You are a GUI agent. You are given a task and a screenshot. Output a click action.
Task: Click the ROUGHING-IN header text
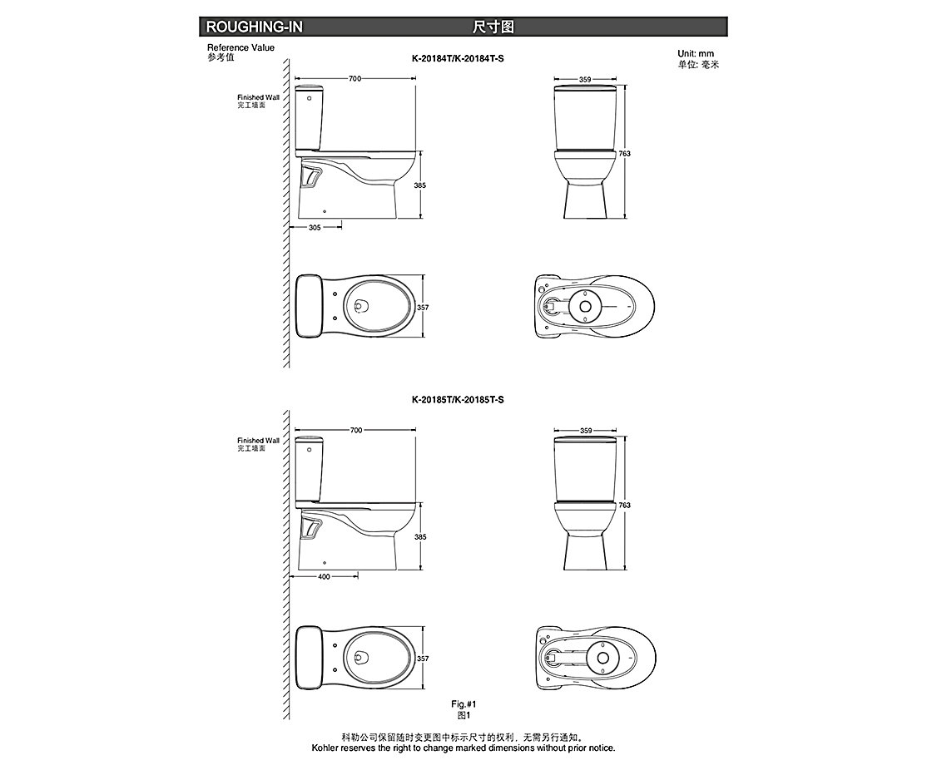(254, 27)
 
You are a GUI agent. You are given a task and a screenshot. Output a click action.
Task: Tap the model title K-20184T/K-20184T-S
(458, 59)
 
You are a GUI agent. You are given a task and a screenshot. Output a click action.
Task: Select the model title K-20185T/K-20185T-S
(458, 400)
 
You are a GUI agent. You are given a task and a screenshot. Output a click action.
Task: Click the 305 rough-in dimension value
(315, 227)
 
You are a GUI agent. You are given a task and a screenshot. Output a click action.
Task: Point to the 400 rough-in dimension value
(324, 576)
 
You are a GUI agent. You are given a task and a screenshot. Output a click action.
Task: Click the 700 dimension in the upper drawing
(354, 78)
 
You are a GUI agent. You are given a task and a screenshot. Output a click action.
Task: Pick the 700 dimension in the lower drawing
(355, 430)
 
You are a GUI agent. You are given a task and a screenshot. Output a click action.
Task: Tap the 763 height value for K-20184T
(624, 153)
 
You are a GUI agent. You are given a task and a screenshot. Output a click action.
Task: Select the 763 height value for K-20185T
(624, 505)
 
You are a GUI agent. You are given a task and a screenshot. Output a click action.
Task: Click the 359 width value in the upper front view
(585, 79)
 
